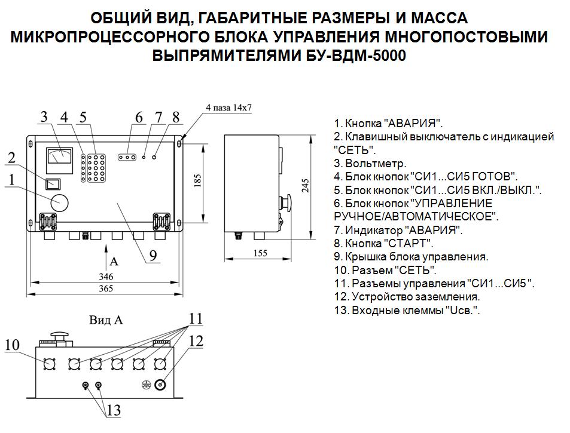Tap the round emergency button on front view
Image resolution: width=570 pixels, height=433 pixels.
(x=59, y=202)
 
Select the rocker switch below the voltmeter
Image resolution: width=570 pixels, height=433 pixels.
(x=53, y=184)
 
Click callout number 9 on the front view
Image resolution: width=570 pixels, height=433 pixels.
(x=153, y=255)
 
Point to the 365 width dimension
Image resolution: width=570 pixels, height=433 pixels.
(x=105, y=290)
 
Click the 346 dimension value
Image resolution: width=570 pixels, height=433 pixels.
(x=105, y=277)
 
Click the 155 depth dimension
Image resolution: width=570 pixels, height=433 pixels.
(x=260, y=253)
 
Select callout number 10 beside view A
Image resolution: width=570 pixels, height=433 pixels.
(x=13, y=345)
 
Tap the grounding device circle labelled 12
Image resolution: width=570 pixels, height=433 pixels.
(x=160, y=386)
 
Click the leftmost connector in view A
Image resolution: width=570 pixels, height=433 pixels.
(x=50, y=363)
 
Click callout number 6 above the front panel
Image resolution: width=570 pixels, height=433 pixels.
(x=139, y=117)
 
